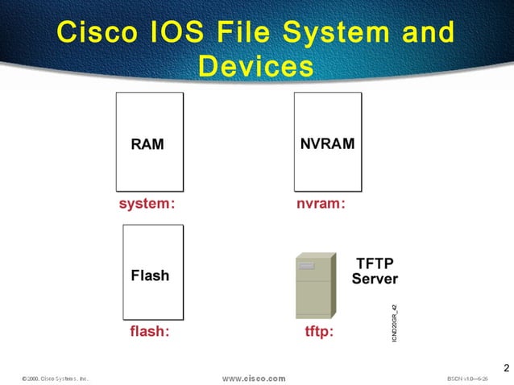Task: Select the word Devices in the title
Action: click(x=255, y=66)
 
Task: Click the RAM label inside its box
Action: click(x=147, y=145)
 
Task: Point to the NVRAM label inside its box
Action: click(x=327, y=144)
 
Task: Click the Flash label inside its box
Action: click(x=150, y=275)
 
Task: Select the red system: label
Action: click(x=147, y=204)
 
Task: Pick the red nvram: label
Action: click(x=321, y=204)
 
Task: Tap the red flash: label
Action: click(x=150, y=330)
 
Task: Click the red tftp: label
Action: click(x=317, y=330)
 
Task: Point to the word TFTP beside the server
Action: click(x=375, y=263)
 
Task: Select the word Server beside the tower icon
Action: click(x=375, y=279)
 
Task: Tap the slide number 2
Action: click(x=506, y=368)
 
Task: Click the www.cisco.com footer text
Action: click(x=254, y=378)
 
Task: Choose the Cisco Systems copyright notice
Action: click(x=55, y=378)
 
